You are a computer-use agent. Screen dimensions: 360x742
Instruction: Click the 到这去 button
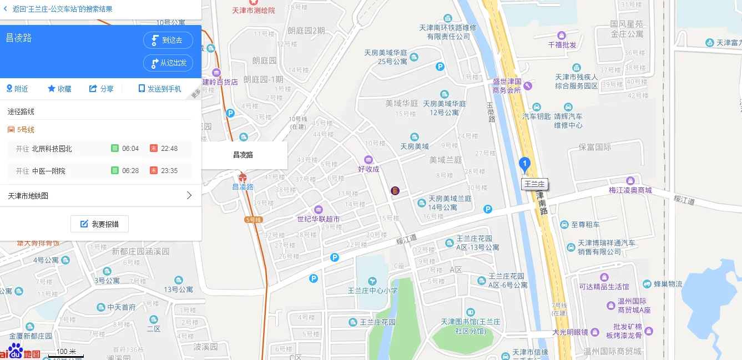coord(168,40)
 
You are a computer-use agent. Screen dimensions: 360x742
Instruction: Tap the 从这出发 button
coord(168,63)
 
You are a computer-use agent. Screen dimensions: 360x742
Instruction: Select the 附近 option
coord(17,89)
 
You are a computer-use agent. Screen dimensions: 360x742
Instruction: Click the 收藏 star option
coord(59,89)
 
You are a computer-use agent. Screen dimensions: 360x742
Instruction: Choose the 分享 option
coord(102,89)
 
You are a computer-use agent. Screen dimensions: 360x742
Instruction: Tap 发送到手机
coord(160,89)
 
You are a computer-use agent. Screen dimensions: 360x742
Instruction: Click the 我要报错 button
coord(99,224)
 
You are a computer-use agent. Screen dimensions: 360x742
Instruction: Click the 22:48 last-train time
coord(169,149)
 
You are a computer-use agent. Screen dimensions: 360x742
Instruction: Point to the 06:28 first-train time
coord(130,171)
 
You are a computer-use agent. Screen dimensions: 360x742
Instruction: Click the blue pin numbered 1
coord(524,164)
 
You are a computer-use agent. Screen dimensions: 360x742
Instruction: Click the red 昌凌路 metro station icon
coord(243,178)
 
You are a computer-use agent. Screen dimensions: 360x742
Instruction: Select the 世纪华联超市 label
coord(319,219)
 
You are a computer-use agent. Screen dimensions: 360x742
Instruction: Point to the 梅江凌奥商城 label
coord(630,190)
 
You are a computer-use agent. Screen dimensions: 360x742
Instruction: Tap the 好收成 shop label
coord(369,169)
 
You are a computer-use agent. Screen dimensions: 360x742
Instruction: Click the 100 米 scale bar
coord(65,352)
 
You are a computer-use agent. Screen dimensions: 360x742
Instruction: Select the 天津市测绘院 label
coord(254,11)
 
